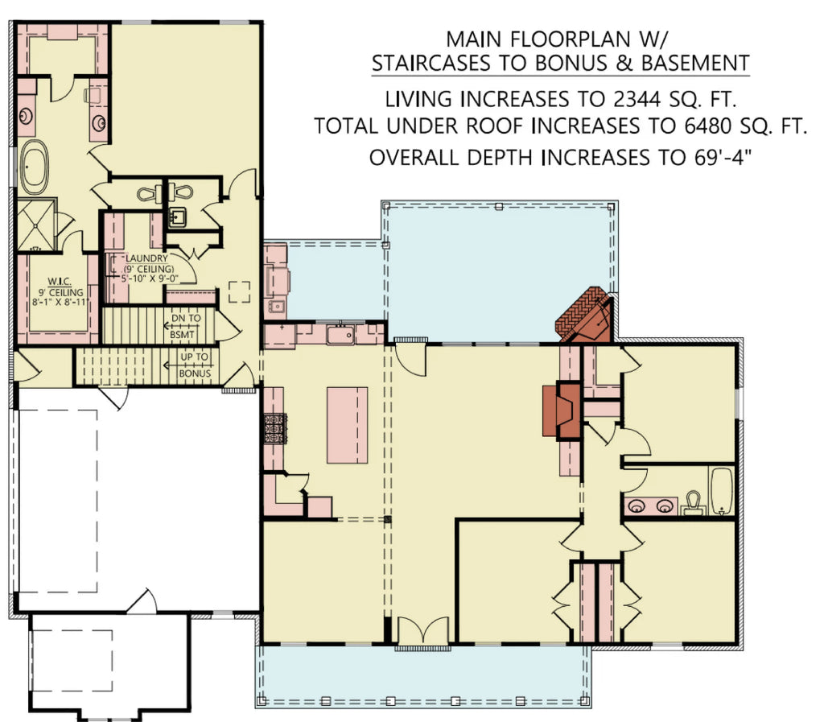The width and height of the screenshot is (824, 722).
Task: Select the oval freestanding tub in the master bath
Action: point(35,167)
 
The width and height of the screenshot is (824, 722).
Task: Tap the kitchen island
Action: point(347,424)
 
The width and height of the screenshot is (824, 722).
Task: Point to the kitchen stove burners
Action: point(274,428)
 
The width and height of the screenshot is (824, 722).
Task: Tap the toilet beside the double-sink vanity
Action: point(693,504)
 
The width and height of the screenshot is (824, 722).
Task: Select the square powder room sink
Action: point(178,217)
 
